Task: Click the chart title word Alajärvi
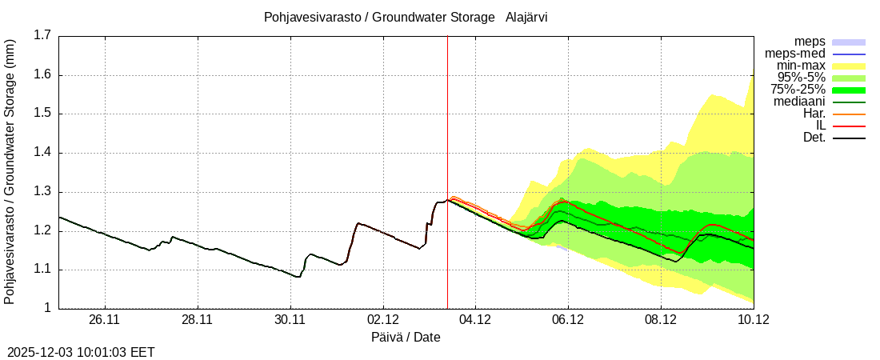[x=526, y=17]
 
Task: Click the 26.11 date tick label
[x=105, y=320]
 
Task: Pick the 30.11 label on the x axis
[x=290, y=320]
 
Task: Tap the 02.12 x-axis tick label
[x=382, y=320]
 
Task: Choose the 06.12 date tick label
[x=568, y=320]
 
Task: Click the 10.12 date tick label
[x=753, y=320]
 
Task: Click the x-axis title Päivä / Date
[x=406, y=337]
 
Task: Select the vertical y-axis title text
[x=10, y=172]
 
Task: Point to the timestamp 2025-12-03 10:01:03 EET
[x=81, y=352]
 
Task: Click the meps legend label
[x=810, y=42]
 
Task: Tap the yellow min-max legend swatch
[x=849, y=66]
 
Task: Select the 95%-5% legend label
[x=800, y=78]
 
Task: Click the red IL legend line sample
[x=849, y=126]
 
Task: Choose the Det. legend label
[x=814, y=138]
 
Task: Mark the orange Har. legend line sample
[x=849, y=114]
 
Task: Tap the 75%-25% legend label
[x=798, y=90]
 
